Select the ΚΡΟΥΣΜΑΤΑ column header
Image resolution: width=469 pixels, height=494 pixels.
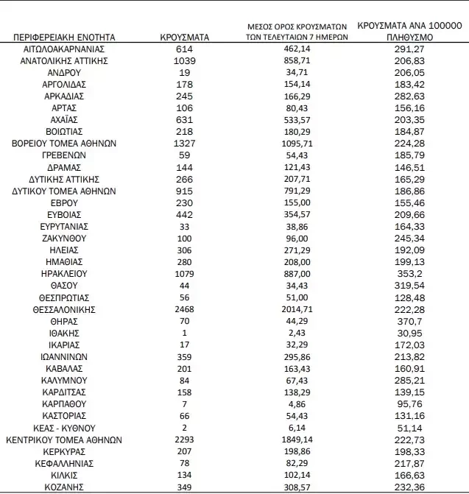(185, 36)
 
